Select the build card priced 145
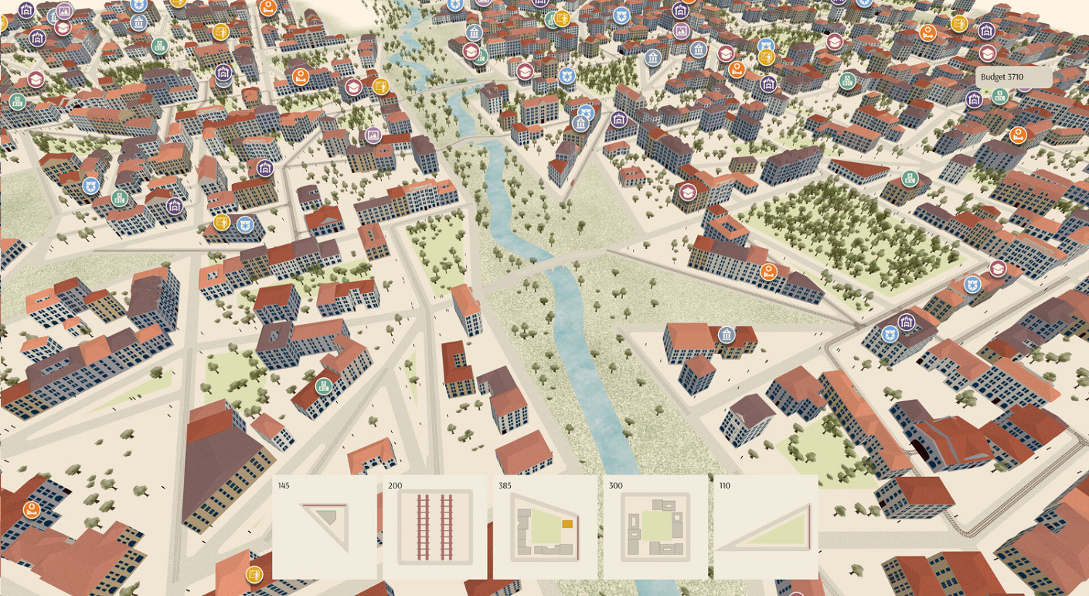point(325,527)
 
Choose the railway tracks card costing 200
point(435,527)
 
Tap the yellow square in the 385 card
point(567,523)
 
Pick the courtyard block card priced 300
point(656,527)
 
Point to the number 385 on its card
point(505,486)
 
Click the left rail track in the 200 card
point(423,527)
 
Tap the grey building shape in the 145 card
point(326,517)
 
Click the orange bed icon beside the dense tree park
point(768,272)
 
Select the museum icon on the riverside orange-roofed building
point(726,334)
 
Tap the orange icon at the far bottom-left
point(31,509)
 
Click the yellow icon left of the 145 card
point(254,574)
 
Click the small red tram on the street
point(571,183)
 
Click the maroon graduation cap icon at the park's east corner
point(998,268)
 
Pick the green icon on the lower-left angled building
point(324,385)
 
